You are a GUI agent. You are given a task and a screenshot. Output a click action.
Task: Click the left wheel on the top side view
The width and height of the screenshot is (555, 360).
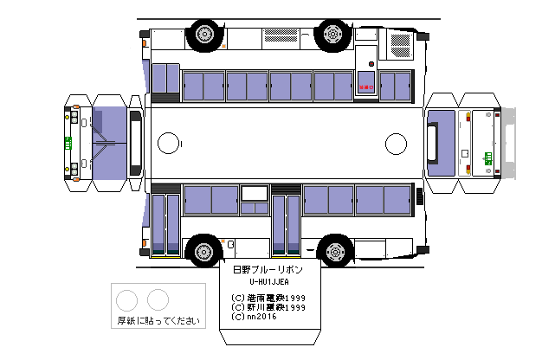point(203,35)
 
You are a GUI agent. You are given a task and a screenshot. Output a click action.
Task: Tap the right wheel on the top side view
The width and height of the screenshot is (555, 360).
point(332,35)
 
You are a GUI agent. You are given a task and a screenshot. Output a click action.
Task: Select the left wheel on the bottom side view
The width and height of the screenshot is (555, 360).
point(203,252)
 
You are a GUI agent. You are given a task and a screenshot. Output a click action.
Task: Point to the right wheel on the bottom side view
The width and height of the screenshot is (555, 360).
point(332,252)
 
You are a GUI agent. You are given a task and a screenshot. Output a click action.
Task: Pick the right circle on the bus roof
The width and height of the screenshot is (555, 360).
point(396,143)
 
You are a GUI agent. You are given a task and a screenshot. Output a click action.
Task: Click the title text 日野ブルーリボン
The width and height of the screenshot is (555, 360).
point(269,270)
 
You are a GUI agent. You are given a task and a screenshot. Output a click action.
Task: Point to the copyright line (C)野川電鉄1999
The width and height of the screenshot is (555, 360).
point(269,307)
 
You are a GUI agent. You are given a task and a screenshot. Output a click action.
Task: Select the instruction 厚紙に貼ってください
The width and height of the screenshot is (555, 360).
point(160,321)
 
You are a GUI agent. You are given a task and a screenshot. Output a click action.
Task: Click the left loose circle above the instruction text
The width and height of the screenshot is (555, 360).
point(127,299)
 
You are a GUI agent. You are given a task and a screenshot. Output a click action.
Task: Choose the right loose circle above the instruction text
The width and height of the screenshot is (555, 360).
point(158,299)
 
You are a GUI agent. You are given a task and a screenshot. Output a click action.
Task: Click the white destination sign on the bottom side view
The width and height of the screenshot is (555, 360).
point(255,194)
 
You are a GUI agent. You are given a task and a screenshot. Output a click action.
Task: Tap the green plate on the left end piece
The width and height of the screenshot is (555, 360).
point(68,142)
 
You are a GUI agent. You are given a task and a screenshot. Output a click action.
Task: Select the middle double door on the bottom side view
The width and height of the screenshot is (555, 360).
point(286,224)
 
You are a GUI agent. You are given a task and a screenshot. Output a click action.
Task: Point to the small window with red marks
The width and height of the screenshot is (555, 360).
point(366,86)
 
